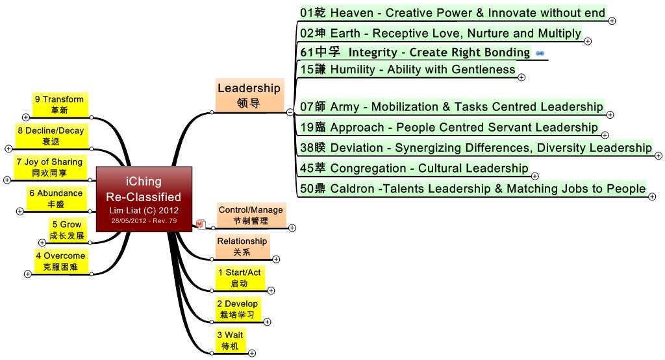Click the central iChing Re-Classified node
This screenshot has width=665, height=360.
pyautogui.click(x=144, y=198)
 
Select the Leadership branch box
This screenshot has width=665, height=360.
pyautogui.click(x=249, y=95)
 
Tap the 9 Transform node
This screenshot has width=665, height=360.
pyautogui.click(x=59, y=104)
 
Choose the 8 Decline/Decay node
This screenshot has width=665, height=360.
pyautogui.click(x=50, y=136)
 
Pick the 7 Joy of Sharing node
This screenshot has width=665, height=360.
pyautogui.click(x=49, y=167)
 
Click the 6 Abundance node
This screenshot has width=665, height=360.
pyautogui.click(x=55, y=198)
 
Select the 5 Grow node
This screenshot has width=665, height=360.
pyautogui.click(x=67, y=230)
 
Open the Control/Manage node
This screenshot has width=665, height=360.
pyautogui.click(x=251, y=215)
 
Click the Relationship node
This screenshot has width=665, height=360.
pyautogui.click(x=242, y=246)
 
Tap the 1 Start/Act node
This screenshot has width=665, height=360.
pyautogui.click(x=239, y=278)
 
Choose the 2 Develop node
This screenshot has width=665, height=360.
pyautogui.click(x=237, y=309)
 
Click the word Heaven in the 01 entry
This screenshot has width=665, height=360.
pyautogui.click(x=351, y=12)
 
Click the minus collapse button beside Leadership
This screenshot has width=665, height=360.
pyautogui.click(x=289, y=112)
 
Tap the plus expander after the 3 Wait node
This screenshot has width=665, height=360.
pyautogui.click(x=252, y=354)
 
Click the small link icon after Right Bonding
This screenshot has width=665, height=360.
pyautogui.click(x=540, y=53)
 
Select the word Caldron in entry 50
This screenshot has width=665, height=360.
pyautogui.click(x=351, y=189)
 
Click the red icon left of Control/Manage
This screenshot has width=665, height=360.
pyautogui.click(x=201, y=224)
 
